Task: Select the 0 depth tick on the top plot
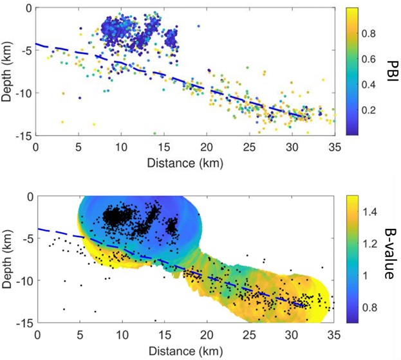[x=28, y=8]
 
